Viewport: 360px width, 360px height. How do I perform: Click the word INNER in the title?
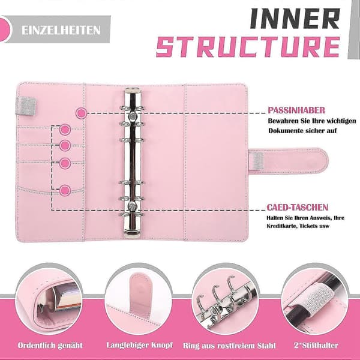[x=295, y=19]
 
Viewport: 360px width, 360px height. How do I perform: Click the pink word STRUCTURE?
[x=248, y=47]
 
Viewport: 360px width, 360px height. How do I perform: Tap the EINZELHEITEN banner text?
[x=61, y=31]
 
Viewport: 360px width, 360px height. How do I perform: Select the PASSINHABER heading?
[x=296, y=110]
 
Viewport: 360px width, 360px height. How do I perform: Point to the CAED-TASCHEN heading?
[x=297, y=208]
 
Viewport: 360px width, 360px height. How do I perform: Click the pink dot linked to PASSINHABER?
[x=81, y=113]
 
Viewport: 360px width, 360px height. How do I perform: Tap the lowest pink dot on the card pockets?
[x=65, y=190]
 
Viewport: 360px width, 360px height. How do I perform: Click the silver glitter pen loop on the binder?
[x=26, y=107]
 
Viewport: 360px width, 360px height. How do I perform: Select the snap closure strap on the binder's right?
[x=289, y=161]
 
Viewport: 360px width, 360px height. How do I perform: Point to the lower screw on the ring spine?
[x=133, y=205]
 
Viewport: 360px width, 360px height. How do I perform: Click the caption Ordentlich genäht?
[x=50, y=346]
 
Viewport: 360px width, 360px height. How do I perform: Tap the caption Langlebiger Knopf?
[x=139, y=345]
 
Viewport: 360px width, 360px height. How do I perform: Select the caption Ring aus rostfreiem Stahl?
[x=229, y=346]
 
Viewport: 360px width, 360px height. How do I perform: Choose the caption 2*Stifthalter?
[x=316, y=346]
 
